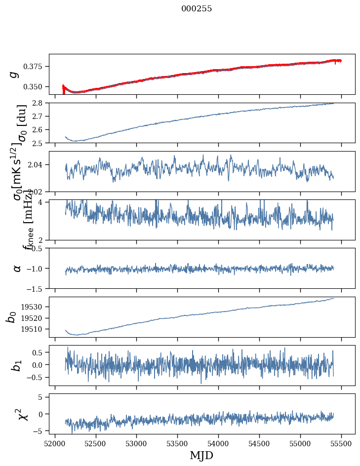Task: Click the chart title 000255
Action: pos(197,9)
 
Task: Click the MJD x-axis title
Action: pos(201,455)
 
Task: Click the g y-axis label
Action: pos(15,74)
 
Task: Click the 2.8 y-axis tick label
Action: pos(40,103)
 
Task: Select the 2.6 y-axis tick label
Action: pos(40,130)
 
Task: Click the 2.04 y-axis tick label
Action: pos(38,164)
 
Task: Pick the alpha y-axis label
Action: pos(17,268)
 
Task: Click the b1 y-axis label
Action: pos(17,366)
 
